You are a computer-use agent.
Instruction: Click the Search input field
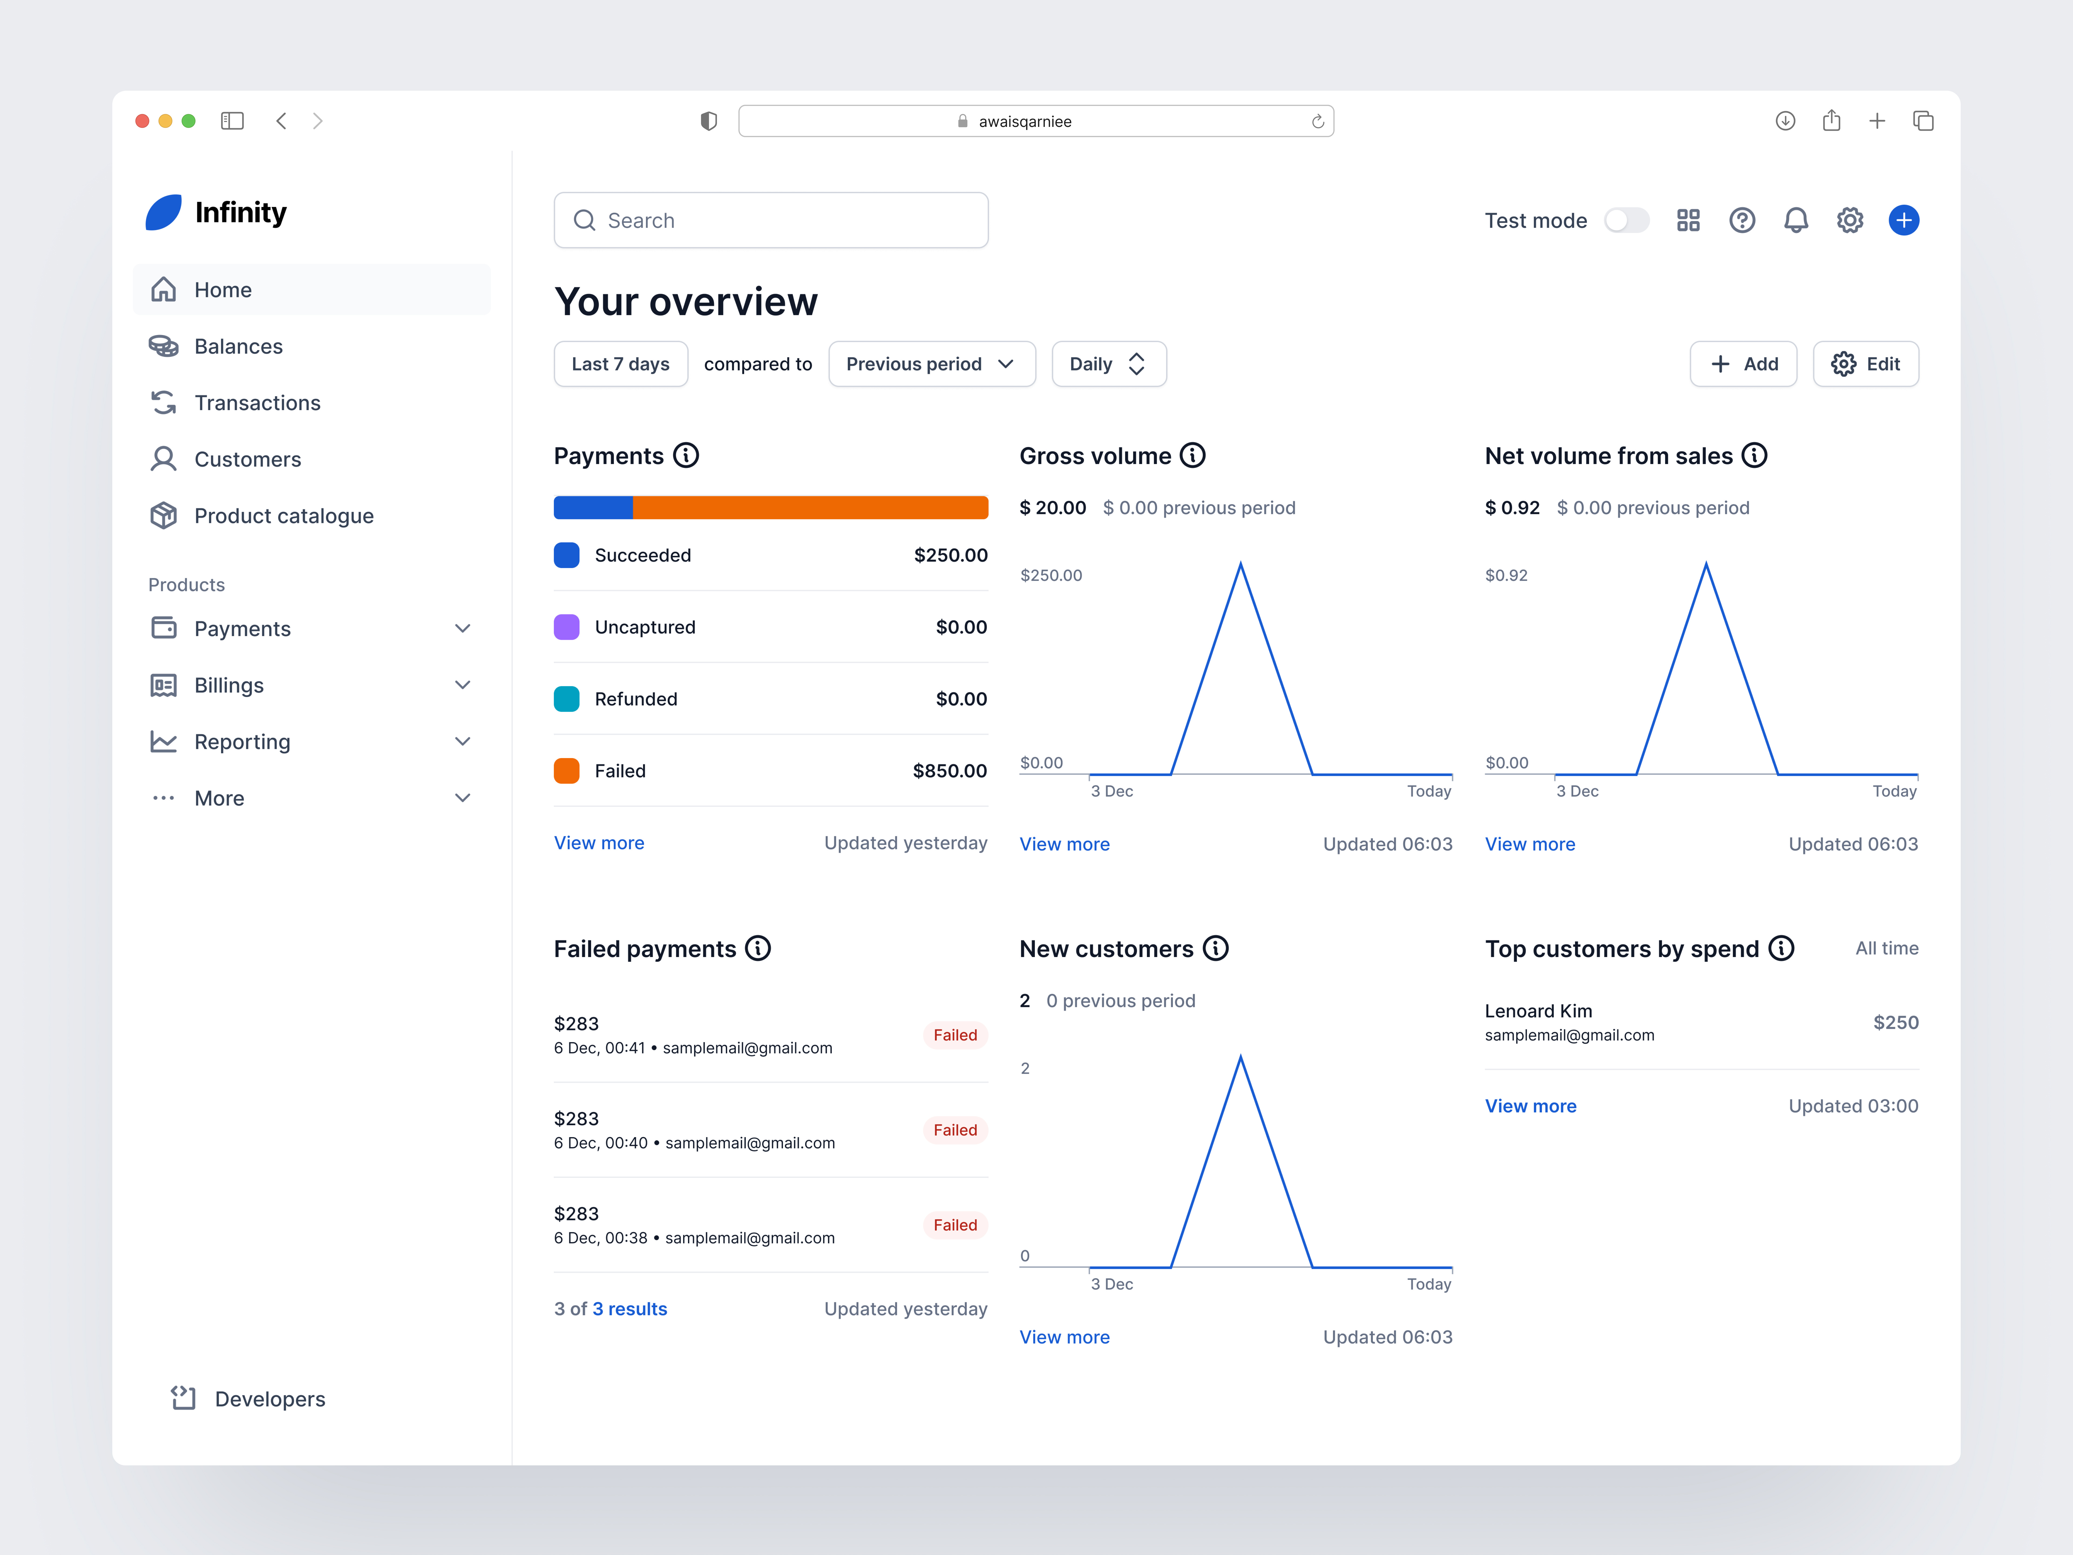pos(770,220)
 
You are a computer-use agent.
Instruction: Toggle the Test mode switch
pos(1626,220)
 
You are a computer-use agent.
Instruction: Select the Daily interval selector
pos(1108,364)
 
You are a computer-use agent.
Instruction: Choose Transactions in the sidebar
pos(257,403)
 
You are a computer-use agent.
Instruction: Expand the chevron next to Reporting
pos(462,741)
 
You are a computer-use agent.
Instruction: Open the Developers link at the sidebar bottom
pos(269,1398)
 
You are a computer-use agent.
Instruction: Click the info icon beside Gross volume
pos(1192,455)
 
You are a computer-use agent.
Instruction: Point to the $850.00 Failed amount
pos(949,770)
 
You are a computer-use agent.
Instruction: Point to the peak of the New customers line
pos(1241,1057)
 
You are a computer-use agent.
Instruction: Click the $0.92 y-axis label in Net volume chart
pos(1506,576)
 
